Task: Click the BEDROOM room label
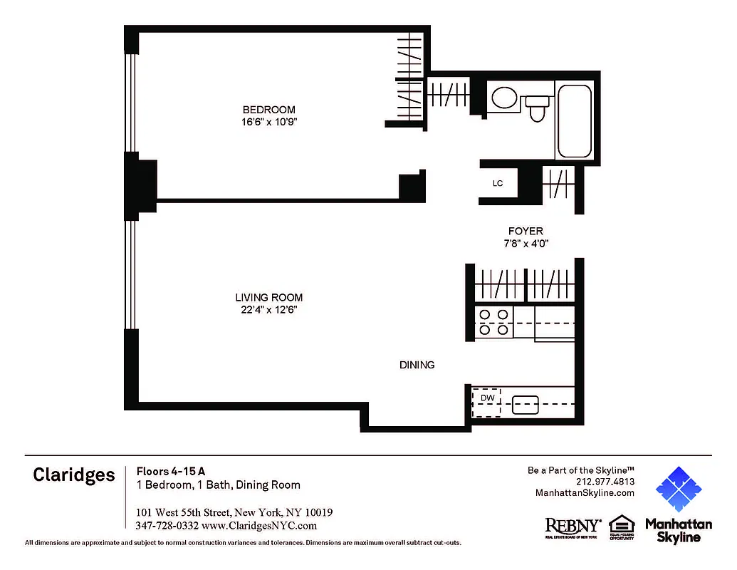[268, 110]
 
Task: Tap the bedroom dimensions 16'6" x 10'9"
[268, 122]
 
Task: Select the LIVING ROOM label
[269, 298]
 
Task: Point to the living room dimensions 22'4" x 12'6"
[269, 310]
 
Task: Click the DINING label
[417, 365]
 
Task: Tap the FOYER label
[526, 231]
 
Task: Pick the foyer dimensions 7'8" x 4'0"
[526, 243]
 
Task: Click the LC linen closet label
[498, 184]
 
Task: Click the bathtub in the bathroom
[574, 121]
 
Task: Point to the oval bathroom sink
[505, 98]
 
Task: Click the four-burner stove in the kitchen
[493, 321]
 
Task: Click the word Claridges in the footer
[73, 475]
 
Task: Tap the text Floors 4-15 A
[171, 470]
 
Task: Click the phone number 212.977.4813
[605, 482]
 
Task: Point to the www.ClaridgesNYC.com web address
[259, 526]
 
